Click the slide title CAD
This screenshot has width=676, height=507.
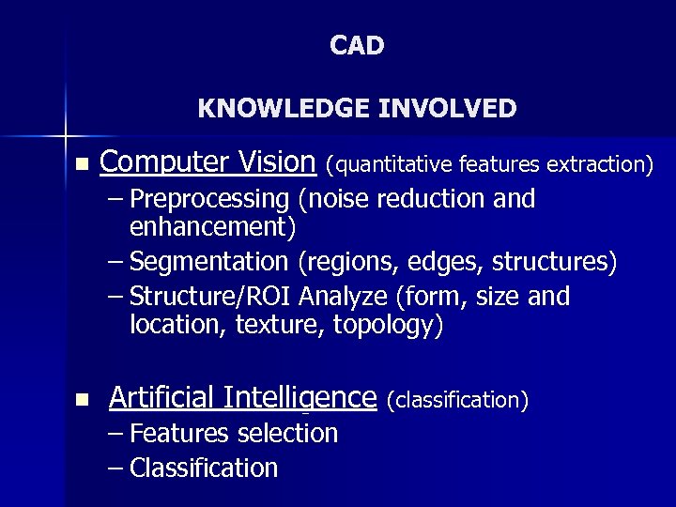(357, 46)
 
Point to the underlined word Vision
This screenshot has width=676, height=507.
(277, 162)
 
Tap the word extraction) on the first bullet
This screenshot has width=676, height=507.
(600, 166)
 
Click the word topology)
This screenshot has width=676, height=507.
(394, 326)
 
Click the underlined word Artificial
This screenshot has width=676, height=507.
(161, 398)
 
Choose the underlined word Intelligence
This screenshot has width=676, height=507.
(300, 398)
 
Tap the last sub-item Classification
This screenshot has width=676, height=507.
(204, 469)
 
